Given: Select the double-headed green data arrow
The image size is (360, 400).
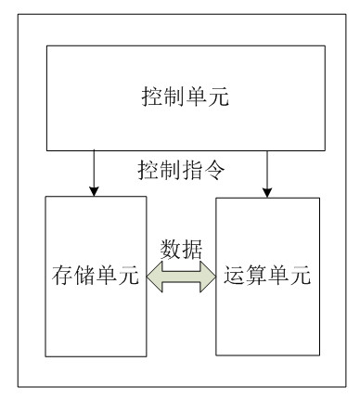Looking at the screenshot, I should coord(182,277).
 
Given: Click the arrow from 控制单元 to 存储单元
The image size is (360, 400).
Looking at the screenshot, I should coord(93,172).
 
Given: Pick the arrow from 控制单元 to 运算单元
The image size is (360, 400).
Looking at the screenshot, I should coord(266,172).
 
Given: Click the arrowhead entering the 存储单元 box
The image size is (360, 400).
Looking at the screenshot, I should coord(93,189).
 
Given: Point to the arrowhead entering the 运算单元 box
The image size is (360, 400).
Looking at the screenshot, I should coord(266,189).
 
